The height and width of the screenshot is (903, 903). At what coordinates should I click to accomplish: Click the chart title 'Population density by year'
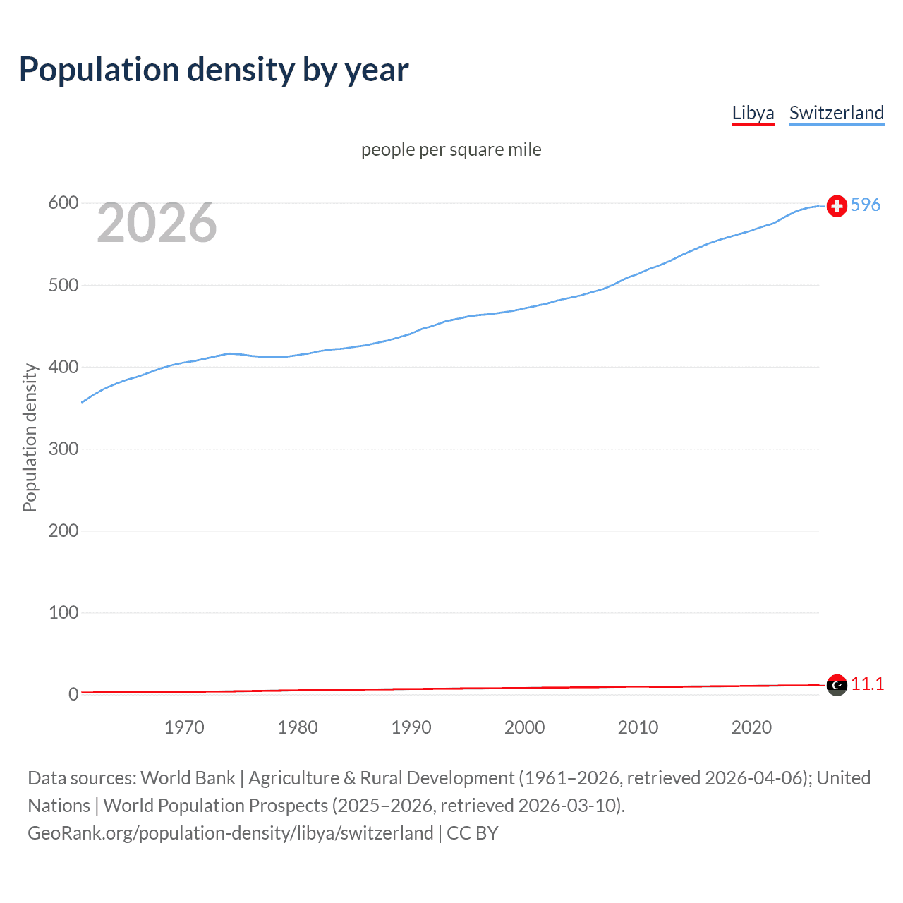(214, 70)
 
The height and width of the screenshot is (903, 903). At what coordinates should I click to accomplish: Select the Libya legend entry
(753, 113)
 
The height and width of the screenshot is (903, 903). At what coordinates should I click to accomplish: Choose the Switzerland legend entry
(836, 113)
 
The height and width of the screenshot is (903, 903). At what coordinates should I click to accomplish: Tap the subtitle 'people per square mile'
(451, 150)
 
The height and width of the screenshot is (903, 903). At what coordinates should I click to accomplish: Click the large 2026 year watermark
(157, 223)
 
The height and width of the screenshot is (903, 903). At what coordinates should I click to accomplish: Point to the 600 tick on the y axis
(63, 203)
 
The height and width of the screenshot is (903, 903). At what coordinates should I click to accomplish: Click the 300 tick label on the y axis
(63, 449)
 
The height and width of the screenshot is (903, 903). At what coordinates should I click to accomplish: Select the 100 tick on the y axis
(63, 612)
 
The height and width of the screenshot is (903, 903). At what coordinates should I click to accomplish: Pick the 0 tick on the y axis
(73, 694)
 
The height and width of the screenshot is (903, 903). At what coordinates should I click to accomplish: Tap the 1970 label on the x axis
(184, 727)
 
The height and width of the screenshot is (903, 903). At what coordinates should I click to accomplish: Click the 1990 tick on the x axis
(411, 727)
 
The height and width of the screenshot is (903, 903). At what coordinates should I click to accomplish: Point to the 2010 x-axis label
(638, 727)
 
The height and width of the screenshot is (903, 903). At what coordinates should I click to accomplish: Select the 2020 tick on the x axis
(751, 727)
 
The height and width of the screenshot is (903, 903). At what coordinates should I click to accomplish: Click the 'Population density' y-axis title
(30, 437)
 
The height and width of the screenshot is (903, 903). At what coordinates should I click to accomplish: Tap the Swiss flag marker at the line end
(837, 205)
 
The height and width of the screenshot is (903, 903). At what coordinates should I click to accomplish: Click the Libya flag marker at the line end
(837, 684)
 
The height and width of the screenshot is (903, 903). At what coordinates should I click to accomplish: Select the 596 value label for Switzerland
(866, 205)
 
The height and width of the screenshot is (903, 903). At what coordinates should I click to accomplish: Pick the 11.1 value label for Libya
(867, 684)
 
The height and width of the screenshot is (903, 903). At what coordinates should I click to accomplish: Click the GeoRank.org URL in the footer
(230, 833)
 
